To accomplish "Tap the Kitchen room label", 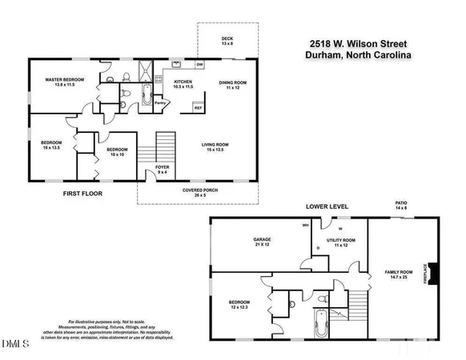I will [x=184, y=83].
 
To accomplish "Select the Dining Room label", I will [x=232, y=84].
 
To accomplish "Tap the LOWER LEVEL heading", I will [x=326, y=206].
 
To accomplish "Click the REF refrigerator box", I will [x=199, y=106].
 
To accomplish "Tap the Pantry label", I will [x=160, y=102].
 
